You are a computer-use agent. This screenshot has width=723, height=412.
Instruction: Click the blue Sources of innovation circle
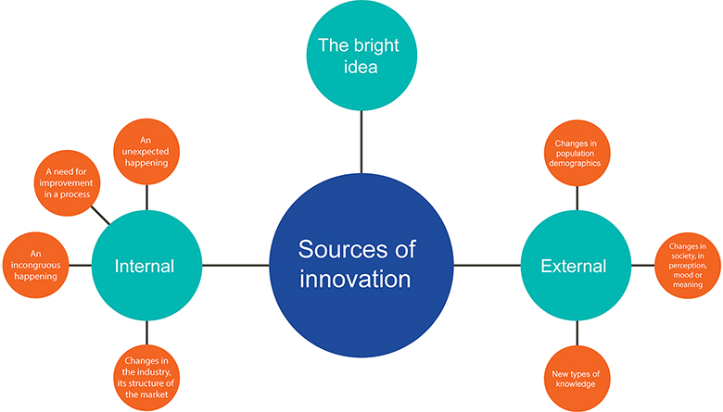[361, 264]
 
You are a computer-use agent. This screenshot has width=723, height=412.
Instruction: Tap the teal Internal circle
[146, 266]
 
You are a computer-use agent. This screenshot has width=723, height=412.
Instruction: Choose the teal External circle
[575, 266]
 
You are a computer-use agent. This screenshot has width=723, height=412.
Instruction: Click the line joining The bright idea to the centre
[361, 142]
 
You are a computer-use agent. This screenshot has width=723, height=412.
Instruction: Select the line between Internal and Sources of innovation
[235, 266]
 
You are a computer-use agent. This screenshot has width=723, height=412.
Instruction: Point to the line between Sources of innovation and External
[487, 266]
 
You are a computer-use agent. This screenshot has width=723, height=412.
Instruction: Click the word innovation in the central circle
[357, 279]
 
